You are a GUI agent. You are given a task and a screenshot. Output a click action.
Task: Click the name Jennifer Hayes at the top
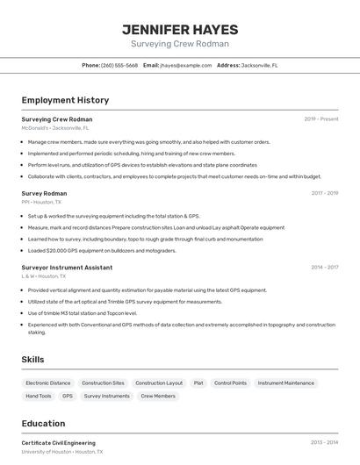pyautogui.click(x=180, y=29)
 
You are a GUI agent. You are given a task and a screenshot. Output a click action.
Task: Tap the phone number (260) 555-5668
pyautogui.click(x=119, y=65)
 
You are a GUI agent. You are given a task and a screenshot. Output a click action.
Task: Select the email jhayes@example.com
pyautogui.click(x=185, y=65)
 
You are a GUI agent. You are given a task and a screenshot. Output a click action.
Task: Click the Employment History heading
pyautogui.click(x=65, y=100)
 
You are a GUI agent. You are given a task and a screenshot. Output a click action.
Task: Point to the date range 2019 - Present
pyautogui.click(x=321, y=119)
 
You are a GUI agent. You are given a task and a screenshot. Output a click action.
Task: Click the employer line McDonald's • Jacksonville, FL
pyautogui.click(x=55, y=128)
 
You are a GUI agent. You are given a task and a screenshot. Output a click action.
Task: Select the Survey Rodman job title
pyautogui.click(x=44, y=193)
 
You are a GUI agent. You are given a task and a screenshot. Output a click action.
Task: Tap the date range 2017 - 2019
pyautogui.click(x=324, y=193)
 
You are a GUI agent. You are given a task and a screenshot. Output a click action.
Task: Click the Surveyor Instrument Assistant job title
pyautogui.click(x=67, y=267)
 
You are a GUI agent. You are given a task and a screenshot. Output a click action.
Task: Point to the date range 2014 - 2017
pyautogui.click(x=324, y=267)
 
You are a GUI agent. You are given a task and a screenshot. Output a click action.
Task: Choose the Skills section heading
pyautogui.click(x=32, y=359)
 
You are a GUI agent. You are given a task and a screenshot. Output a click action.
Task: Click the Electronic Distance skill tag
pyautogui.click(x=48, y=383)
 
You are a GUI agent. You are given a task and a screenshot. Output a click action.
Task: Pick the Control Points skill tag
pyautogui.click(x=230, y=383)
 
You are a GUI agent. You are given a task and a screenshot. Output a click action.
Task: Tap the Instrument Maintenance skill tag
pyautogui.click(x=285, y=383)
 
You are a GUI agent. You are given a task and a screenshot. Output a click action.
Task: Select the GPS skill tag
pyautogui.click(x=68, y=397)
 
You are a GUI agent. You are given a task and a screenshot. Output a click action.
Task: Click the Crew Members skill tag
pyautogui.click(x=158, y=397)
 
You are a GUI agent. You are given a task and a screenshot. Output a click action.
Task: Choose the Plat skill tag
pyautogui.click(x=198, y=383)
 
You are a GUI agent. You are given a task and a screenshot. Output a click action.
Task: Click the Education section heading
pyautogui.click(x=43, y=423)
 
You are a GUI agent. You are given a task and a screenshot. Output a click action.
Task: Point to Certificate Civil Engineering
pyautogui.click(x=59, y=443)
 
